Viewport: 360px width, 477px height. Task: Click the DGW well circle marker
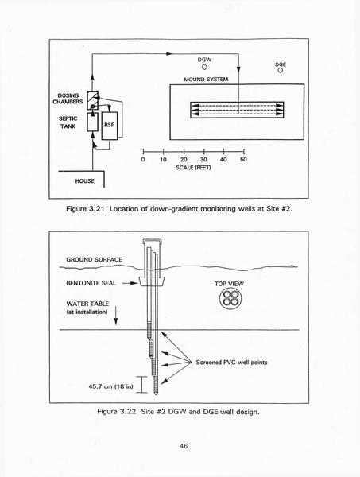click(x=204, y=67)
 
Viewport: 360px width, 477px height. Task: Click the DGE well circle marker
click(x=281, y=70)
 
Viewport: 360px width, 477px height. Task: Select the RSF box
click(x=110, y=126)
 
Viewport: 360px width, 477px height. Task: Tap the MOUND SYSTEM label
click(x=206, y=79)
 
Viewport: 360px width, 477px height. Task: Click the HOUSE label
click(x=84, y=181)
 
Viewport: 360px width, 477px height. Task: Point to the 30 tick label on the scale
click(x=203, y=160)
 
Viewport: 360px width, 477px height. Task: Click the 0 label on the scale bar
click(x=143, y=160)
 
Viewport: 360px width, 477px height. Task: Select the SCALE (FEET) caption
click(x=193, y=168)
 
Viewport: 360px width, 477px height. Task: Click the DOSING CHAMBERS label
click(x=68, y=99)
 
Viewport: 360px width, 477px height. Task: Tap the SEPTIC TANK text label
click(x=68, y=122)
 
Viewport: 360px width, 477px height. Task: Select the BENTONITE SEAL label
click(x=91, y=283)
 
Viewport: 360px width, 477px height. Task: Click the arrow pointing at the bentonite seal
click(x=130, y=283)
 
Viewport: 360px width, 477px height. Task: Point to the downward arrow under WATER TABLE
click(x=115, y=316)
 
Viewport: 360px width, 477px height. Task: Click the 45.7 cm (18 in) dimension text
click(x=111, y=386)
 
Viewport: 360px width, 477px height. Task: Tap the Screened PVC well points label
click(x=231, y=363)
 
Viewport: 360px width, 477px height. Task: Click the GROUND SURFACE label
click(x=95, y=259)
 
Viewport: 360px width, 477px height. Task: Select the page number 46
click(x=184, y=446)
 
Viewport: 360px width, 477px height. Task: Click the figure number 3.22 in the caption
click(x=128, y=412)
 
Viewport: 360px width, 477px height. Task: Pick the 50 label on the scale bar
click(x=243, y=160)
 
